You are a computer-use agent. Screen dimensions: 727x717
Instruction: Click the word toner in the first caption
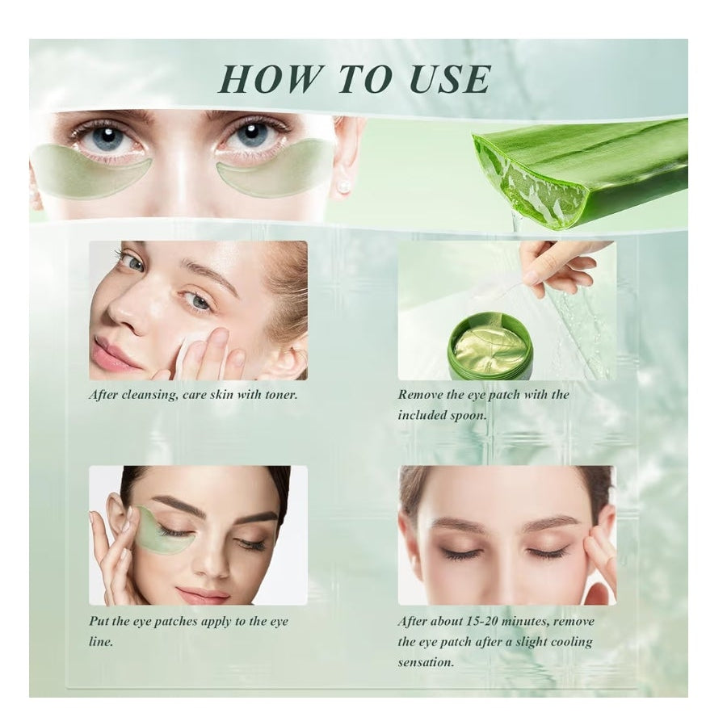tap(281, 395)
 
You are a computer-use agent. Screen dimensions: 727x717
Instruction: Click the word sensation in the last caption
tap(426, 662)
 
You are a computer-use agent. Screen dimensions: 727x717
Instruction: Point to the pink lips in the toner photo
tap(112, 353)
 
